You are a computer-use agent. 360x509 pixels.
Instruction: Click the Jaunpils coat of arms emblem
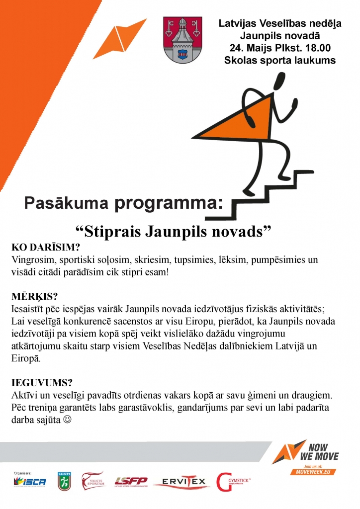(x=183, y=40)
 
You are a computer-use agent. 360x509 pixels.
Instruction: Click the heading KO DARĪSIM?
(x=45, y=248)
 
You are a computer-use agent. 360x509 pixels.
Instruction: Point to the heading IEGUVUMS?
(x=42, y=383)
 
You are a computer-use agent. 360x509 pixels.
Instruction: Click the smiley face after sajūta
(x=68, y=420)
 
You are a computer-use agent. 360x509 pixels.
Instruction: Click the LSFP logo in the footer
(x=131, y=481)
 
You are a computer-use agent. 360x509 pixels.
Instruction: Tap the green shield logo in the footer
(x=64, y=481)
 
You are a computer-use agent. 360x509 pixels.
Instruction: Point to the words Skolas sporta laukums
(x=279, y=61)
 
